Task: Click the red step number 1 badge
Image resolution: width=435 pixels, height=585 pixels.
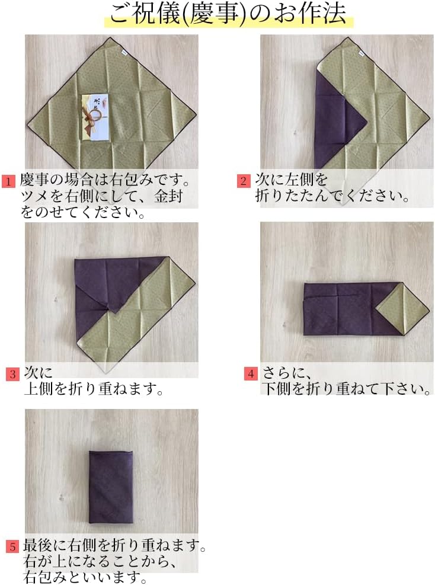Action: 8,181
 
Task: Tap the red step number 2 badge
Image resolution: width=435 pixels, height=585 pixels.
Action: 243,181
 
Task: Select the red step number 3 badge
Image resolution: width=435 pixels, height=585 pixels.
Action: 12,374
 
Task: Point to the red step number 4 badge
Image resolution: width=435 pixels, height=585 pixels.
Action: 251,373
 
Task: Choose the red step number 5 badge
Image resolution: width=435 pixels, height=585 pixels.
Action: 12,546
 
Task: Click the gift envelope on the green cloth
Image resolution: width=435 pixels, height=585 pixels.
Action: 95,117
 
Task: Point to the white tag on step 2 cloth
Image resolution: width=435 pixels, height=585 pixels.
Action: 361,55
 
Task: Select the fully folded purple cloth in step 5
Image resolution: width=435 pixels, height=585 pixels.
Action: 111,487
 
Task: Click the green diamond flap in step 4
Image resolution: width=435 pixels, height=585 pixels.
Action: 402,308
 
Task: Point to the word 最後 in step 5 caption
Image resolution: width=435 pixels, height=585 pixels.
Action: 37,545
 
